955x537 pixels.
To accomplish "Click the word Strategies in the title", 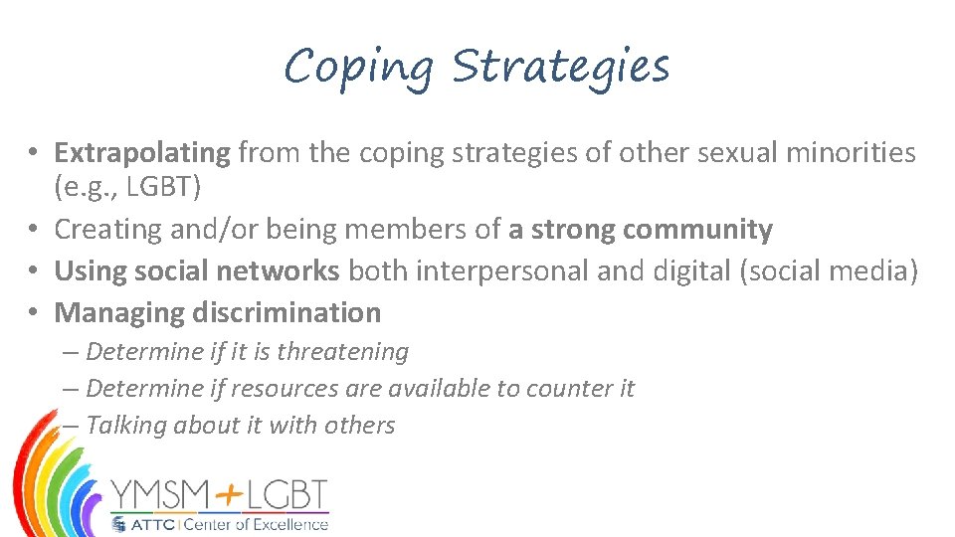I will pyautogui.click(x=561, y=68).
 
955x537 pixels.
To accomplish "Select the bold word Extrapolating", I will pyautogui.click(x=142, y=152).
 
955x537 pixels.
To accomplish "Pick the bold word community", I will pyautogui.click(x=697, y=230).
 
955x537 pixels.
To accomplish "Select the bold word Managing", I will pyautogui.click(x=118, y=313).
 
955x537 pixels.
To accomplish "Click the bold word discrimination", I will pyautogui.click(x=287, y=312).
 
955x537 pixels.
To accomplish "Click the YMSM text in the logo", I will pyautogui.click(x=159, y=494).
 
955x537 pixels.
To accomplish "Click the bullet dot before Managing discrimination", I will pyautogui.click(x=33, y=313).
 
